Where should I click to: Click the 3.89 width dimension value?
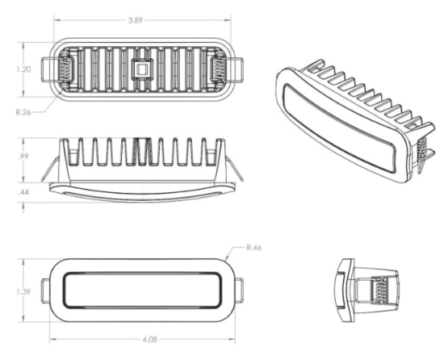coord(135,20)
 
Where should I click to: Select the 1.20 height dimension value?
coord(23,69)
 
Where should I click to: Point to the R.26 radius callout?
coord(23,112)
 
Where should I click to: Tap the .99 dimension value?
coord(23,157)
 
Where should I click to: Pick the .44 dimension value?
coord(23,192)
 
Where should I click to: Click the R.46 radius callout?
coord(253,248)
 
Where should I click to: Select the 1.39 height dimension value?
coord(23,291)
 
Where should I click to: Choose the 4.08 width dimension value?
coord(150,339)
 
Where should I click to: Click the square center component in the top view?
coord(142,69)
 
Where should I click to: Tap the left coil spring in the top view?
coord(65,70)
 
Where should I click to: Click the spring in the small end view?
coord(379,291)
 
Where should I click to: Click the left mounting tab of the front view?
coord(46,291)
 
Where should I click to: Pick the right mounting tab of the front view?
coord(239,291)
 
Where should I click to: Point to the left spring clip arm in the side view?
coord(50,169)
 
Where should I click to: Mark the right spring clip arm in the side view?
coord(234,169)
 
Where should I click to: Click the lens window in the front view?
coord(142,291)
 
